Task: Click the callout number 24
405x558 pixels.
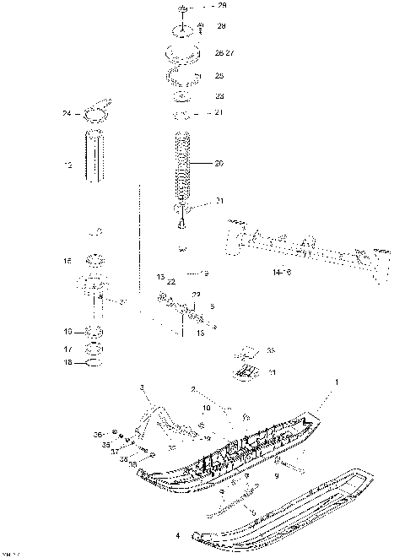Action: point(66,113)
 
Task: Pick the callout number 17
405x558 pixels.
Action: point(67,348)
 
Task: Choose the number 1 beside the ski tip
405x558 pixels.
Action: point(338,382)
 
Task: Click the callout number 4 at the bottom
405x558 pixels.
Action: point(176,536)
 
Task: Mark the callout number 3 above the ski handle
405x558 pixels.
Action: point(143,387)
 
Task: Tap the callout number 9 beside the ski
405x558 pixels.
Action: point(299,477)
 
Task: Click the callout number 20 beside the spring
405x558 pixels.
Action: point(219,164)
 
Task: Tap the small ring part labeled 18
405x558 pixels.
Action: point(95,363)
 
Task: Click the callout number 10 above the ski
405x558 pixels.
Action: point(206,408)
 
